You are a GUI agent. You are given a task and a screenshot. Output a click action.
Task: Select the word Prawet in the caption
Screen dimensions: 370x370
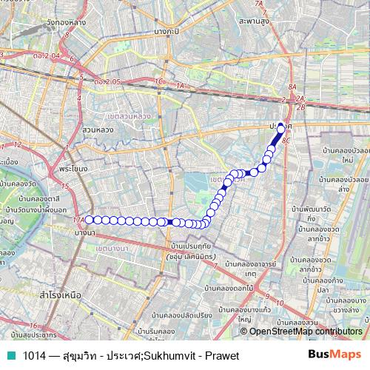point(222,356)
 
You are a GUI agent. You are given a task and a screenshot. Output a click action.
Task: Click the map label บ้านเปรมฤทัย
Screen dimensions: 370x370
point(191,245)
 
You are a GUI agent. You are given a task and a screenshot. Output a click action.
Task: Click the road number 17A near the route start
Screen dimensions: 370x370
point(78,220)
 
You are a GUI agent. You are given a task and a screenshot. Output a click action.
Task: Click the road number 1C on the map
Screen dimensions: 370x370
point(156,81)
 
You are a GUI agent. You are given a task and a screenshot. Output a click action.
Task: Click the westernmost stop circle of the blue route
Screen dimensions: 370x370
point(90,219)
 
